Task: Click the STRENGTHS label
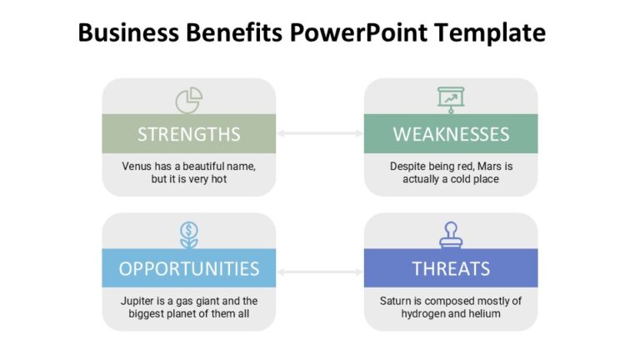coord(189,134)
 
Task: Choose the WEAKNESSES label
coord(451,134)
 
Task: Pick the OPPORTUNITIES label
coord(189,268)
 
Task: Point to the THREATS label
coord(451,268)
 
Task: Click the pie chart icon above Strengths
coord(189,100)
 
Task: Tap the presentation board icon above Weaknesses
coord(451,98)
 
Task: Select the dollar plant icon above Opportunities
coord(189,234)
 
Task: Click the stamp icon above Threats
coord(451,234)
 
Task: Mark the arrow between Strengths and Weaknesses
coord(320,133)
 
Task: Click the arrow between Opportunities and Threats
coord(320,271)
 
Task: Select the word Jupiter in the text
coord(136,301)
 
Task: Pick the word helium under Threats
coord(484,314)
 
